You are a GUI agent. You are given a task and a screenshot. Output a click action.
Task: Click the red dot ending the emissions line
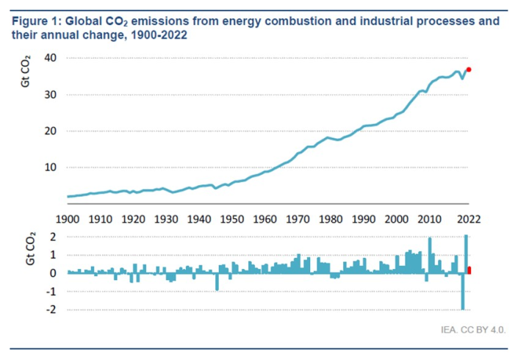click(x=469, y=70)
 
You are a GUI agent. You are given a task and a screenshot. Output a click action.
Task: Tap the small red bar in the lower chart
click(x=469, y=270)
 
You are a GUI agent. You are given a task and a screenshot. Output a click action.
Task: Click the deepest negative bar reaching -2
click(x=463, y=291)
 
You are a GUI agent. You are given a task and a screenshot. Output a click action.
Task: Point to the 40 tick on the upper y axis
click(x=50, y=58)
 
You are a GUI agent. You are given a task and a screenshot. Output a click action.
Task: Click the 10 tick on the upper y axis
click(x=50, y=168)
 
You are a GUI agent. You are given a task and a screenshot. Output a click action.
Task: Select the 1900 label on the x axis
click(x=68, y=220)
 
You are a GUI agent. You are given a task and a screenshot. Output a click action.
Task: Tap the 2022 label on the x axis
click(x=469, y=220)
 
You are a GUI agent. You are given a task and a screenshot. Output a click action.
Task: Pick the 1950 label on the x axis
click(x=232, y=220)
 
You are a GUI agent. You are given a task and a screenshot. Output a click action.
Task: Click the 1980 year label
click(x=331, y=220)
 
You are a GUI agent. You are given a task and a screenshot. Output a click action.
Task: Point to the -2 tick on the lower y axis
click(x=51, y=309)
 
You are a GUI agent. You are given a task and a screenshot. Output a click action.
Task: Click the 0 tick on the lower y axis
click(x=53, y=273)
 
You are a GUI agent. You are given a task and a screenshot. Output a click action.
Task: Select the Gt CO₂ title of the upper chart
click(x=26, y=71)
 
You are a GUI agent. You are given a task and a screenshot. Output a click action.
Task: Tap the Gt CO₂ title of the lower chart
click(x=30, y=248)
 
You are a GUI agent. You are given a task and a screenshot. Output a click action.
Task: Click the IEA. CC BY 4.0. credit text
click(x=473, y=330)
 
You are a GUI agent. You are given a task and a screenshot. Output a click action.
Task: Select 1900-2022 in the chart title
click(x=159, y=35)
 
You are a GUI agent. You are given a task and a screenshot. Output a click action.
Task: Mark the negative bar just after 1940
click(x=217, y=281)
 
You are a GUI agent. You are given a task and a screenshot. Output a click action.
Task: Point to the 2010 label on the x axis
click(x=430, y=220)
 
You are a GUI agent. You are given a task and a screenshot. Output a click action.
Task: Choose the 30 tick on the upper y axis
click(x=50, y=95)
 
